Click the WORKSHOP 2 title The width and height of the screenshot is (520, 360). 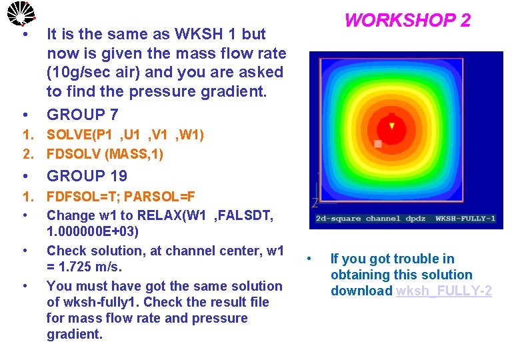click(407, 20)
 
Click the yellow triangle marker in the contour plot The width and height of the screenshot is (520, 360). click(392, 125)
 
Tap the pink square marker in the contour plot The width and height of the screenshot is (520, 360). click(378, 143)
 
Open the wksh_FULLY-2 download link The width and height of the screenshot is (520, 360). click(443, 291)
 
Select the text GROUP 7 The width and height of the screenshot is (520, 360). click(86, 115)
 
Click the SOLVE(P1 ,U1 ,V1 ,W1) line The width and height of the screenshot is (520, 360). click(125, 135)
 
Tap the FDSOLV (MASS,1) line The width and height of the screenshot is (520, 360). click(105, 155)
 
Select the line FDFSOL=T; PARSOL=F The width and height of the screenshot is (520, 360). click(121, 197)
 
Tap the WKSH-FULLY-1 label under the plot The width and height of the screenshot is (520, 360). click(465, 219)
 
